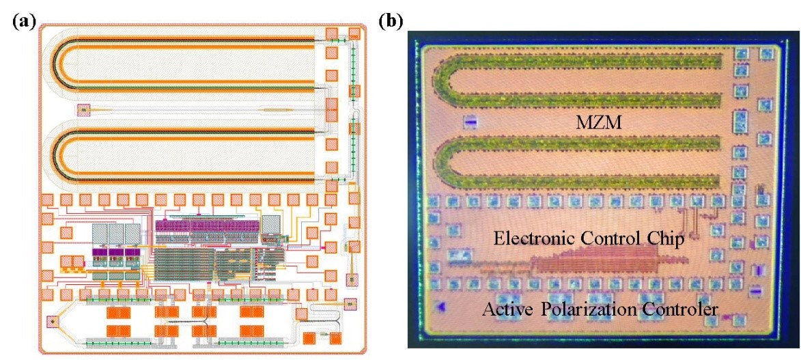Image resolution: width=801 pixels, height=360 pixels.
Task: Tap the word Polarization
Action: point(589,309)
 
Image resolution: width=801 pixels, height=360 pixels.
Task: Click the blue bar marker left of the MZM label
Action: point(470,122)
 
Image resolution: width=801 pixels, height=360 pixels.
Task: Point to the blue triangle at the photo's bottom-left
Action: point(441,308)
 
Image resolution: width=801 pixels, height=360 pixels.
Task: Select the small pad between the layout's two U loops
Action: point(83,109)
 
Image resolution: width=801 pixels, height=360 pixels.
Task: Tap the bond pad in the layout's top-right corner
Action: point(354,33)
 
